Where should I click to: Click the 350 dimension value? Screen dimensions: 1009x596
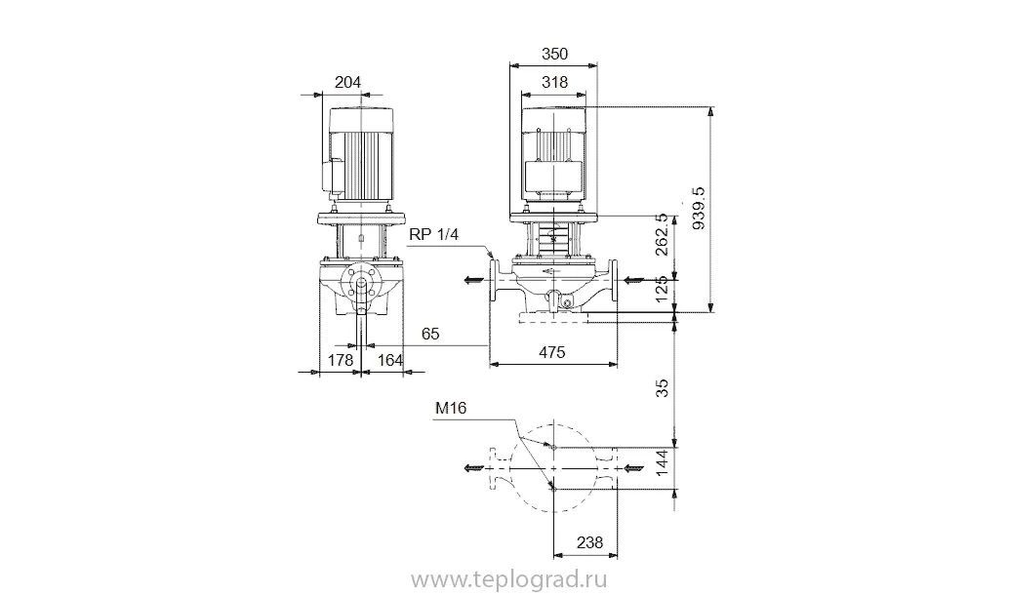(554, 54)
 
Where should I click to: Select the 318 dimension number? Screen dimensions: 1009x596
(554, 82)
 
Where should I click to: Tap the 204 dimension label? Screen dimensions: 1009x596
(347, 82)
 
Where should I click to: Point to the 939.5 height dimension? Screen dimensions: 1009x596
(698, 209)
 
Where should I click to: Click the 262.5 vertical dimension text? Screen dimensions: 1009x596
(662, 235)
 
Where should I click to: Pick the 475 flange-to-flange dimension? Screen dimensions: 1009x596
(551, 352)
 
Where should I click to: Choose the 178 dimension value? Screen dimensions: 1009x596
(341, 360)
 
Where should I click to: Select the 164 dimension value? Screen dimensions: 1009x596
(389, 360)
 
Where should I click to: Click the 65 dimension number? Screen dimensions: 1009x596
(430, 334)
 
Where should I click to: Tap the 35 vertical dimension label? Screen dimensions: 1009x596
(663, 388)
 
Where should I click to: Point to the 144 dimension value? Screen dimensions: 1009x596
(663, 463)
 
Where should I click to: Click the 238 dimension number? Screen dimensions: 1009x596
(589, 542)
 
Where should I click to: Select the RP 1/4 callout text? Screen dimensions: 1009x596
(433, 235)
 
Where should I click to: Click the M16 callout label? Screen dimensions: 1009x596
(451, 409)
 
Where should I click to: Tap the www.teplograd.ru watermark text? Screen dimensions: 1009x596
(508, 580)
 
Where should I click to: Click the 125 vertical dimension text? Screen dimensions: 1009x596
(662, 291)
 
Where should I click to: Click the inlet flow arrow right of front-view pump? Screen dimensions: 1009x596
(633, 280)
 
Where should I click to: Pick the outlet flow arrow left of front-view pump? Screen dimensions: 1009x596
(474, 280)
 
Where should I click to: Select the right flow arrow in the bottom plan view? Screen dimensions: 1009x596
(633, 468)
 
